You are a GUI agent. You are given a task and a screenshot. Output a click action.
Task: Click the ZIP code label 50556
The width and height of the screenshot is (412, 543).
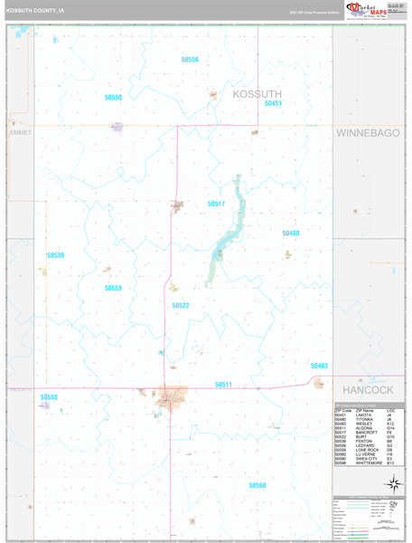(x=189, y=60)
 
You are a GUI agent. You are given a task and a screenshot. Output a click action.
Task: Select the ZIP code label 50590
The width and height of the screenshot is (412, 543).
(x=113, y=97)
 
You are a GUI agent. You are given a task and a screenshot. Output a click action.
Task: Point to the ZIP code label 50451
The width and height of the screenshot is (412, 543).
(x=273, y=103)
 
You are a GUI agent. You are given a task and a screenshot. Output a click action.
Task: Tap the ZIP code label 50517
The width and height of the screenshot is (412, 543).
(x=216, y=205)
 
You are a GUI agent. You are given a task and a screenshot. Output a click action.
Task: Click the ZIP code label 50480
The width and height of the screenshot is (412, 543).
(x=290, y=233)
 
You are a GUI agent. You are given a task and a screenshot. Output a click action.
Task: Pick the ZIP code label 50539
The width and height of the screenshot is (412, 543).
(x=56, y=256)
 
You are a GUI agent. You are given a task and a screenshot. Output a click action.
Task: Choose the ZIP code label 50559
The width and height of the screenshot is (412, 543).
(x=113, y=288)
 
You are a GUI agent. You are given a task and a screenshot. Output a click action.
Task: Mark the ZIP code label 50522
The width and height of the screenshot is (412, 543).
(x=181, y=306)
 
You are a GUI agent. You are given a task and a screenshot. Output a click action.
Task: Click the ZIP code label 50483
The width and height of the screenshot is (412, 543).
(x=318, y=366)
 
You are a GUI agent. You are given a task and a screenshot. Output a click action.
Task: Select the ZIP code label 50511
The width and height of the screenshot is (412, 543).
(x=223, y=385)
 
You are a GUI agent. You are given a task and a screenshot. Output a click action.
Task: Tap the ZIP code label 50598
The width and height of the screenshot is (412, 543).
(x=49, y=397)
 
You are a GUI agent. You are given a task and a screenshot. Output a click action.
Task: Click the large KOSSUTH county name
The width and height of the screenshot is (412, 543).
(x=257, y=93)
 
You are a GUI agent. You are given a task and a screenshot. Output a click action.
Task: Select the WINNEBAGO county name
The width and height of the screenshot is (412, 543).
(x=368, y=133)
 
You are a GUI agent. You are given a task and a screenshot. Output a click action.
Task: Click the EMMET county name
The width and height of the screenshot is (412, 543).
(x=20, y=133)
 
